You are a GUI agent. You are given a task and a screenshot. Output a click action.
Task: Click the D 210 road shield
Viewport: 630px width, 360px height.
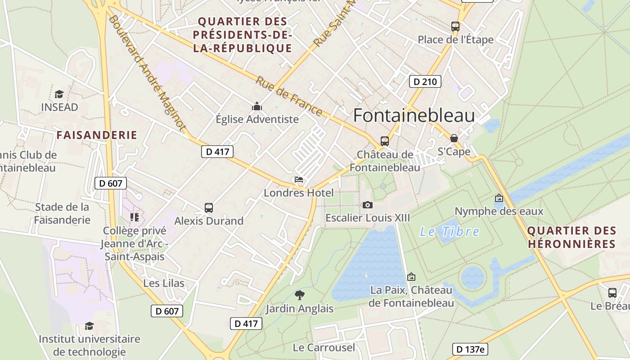pos(425,81)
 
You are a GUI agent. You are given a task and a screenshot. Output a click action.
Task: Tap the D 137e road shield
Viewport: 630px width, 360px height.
pos(470,349)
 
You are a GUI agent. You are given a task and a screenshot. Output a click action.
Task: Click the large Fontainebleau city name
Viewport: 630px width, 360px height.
pos(414,116)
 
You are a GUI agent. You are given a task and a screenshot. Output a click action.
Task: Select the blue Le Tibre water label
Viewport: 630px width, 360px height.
pos(449,232)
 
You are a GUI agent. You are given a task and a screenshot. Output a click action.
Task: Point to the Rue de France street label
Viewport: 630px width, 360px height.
pos(289,96)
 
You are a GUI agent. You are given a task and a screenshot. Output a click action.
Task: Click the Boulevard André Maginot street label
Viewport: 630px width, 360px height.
pos(147,73)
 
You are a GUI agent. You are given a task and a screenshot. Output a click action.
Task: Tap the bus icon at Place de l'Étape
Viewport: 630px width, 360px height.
pos(455,27)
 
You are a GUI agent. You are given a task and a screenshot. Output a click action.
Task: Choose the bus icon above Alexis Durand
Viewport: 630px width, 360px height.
pos(209,208)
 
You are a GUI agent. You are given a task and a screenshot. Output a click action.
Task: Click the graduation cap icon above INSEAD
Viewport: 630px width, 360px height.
pos(59,94)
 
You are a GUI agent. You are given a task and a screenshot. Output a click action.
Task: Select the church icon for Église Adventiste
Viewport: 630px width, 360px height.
pos(257,106)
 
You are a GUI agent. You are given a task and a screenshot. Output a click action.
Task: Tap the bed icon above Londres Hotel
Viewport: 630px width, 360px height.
pos(299,180)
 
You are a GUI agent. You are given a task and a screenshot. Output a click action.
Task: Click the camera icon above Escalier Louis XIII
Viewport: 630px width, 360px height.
pos(368,205)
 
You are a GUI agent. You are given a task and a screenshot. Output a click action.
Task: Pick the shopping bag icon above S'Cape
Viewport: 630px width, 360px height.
pos(454,138)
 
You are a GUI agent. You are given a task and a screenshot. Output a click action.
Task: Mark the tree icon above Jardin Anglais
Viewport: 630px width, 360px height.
pos(299,295)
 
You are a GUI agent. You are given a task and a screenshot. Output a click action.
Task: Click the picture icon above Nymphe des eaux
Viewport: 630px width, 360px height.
pos(499,198)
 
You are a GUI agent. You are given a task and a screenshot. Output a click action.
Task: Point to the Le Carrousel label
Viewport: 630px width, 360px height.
pos(324,347)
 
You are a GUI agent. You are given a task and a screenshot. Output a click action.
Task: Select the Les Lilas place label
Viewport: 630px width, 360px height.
pos(164,283)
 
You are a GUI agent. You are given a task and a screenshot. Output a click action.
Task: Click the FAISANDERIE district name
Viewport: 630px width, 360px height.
pos(97,135)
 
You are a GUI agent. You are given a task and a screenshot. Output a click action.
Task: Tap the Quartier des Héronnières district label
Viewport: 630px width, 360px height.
pos(571,237)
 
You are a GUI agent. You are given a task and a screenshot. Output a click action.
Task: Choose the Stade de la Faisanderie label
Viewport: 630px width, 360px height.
pos(62,213)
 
